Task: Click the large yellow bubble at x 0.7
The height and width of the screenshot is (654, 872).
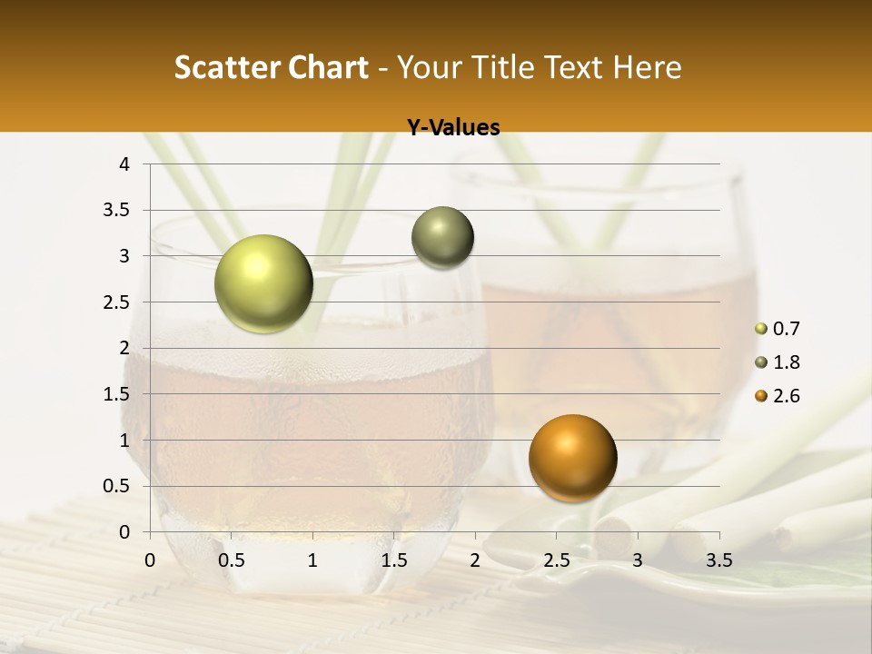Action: click(263, 283)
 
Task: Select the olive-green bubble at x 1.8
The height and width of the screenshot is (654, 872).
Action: click(442, 238)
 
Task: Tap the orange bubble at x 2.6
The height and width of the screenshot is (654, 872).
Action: click(572, 458)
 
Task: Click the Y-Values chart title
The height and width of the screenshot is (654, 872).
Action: click(453, 128)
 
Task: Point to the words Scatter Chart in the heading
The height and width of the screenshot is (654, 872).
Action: click(271, 67)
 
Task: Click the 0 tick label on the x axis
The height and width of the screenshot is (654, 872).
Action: click(151, 560)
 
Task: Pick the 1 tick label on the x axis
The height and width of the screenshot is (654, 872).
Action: click(312, 560)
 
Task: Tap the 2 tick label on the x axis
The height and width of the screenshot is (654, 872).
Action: click(475, 560)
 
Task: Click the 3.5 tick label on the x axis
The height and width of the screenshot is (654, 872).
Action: click(718, 560)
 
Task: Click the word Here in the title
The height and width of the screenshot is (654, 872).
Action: click(647, 67)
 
